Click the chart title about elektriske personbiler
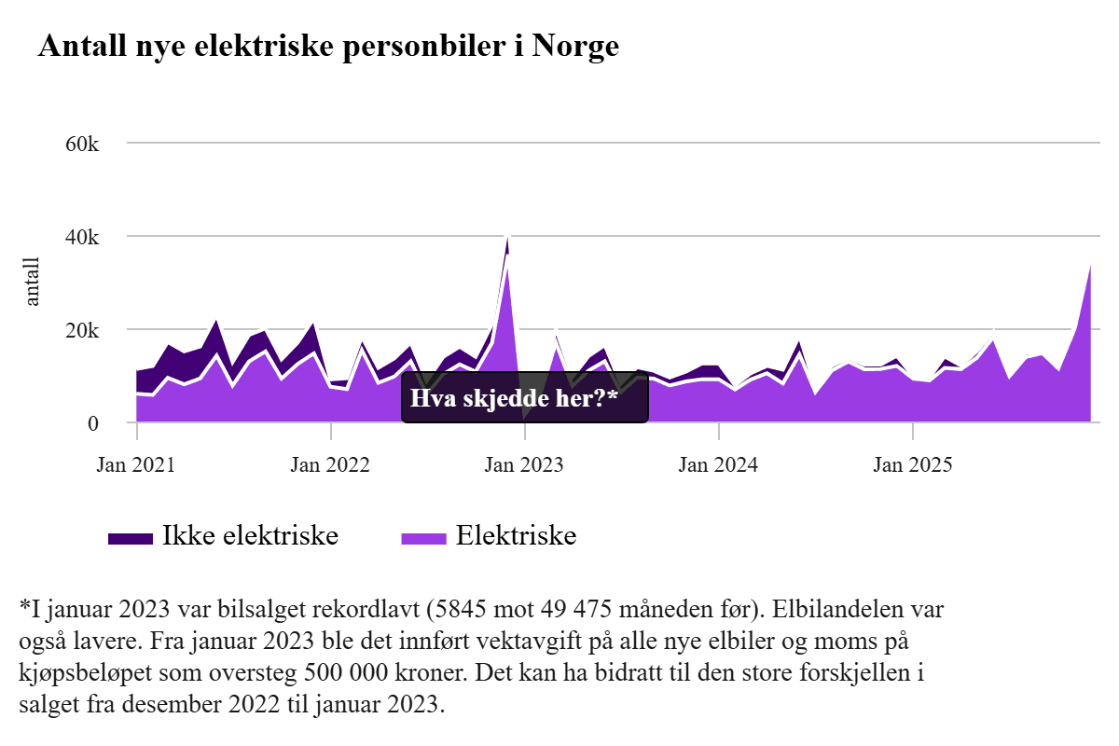point(328,47)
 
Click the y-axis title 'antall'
point(33,282)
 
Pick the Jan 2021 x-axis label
point(136,463)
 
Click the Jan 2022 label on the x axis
point(330,463)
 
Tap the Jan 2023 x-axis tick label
point(524,463)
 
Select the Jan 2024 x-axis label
point(719,463)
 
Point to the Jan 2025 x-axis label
point(913,463)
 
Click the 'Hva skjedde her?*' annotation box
point(525,401)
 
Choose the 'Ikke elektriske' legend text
point(250,536)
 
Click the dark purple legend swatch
point(130,538)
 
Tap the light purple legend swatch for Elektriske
point(423,538)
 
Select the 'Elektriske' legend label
point(516,536)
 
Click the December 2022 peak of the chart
point(507,239)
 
